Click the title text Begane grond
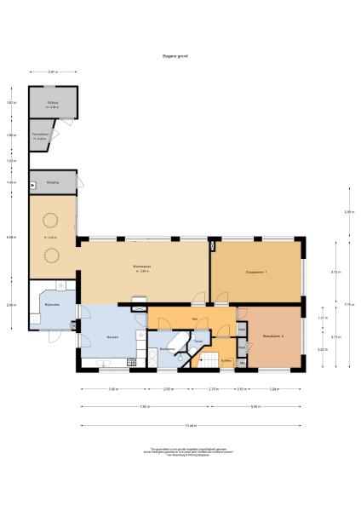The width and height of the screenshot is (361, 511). tap(175, 56)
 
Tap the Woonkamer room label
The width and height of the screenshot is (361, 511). tap(142, 269)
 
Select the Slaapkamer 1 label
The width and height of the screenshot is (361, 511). tap(256, 272)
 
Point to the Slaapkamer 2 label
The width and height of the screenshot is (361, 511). tap(273, 336)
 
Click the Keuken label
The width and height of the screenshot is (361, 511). tap(112, 338)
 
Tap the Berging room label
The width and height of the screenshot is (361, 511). tap(52, 182)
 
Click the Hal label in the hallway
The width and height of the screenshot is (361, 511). tap(195, 319)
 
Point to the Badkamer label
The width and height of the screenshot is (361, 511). tap(168, 349)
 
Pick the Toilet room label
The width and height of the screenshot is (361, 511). tap(198, 342)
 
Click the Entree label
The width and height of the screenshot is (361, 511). tap(226, 359)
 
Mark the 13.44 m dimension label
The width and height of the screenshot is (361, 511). tap(192, 425)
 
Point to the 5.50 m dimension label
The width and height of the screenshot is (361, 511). tap(255, 407)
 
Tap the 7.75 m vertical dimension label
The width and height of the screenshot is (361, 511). tap(347, 304)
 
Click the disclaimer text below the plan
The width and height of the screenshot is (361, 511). tap(180, 451)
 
